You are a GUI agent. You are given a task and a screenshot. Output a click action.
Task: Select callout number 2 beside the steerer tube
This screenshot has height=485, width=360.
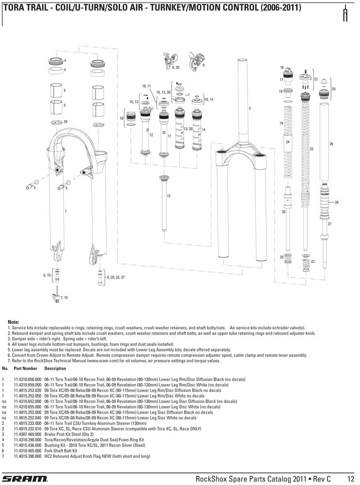click(x=250, y=108)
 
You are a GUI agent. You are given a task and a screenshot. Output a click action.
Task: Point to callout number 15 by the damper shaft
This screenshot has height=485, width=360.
click(x=169, y=196)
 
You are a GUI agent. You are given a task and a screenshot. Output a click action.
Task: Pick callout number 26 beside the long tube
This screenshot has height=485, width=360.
click(x=331, y=144)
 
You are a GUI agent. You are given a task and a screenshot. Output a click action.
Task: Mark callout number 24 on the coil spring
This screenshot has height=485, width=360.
click(x=288, y=142)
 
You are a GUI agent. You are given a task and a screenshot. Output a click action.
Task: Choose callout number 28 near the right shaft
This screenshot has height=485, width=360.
click(x=336, y=202)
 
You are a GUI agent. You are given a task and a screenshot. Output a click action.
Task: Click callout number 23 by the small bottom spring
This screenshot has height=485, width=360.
click(x=313, y=261)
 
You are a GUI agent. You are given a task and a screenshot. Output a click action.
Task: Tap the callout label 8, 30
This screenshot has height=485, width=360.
click(x=175, y=68)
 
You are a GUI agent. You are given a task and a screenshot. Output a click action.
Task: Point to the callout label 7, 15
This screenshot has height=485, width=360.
click(x=64, y=297)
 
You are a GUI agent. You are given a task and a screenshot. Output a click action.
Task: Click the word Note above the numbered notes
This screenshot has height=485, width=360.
click(x=14, y=322)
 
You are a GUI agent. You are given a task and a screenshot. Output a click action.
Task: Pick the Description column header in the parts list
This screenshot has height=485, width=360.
click(x=55, y=369)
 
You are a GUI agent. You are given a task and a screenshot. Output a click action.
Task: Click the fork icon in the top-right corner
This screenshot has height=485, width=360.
click(x=346, y=14)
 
